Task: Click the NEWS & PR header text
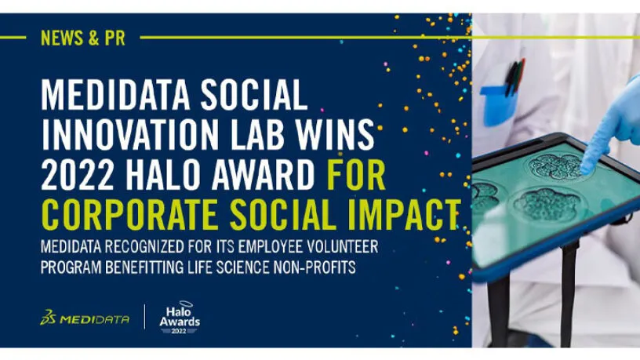[83, 38]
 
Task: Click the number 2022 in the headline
[78, 175]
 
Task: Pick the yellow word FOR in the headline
[356, 175]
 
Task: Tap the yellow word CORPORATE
[129, 215]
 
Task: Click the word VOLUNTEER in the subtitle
[342, 246]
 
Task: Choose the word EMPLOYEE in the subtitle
[271, 246]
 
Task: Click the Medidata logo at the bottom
[85, 318]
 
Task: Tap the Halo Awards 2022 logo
[180, 318]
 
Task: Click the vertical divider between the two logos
[145, 317]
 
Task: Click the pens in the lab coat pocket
[515, 77]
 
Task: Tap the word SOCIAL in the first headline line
[254, 95]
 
